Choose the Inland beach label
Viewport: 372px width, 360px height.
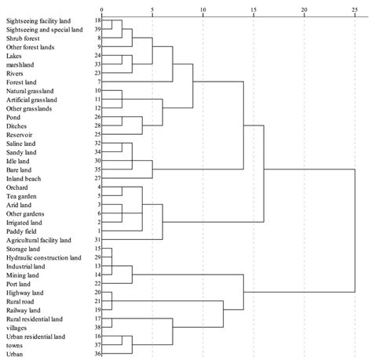tap(24, 179)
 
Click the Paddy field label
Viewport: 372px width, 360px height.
tap(23, 231)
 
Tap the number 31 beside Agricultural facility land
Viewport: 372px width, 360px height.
tap(97, 240)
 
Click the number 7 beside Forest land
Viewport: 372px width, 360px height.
tap(98, 82)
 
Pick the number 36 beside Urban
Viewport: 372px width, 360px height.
tap(97, 354)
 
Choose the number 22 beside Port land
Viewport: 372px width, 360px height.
tap(97, 283)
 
